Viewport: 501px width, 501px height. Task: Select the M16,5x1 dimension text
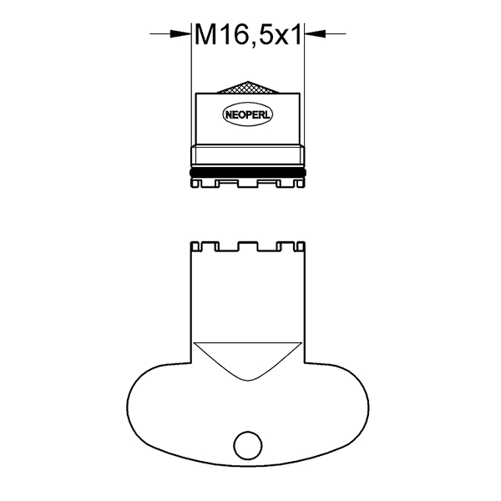[x=248, y=35]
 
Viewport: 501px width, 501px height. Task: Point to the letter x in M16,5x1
[x=281, y=38]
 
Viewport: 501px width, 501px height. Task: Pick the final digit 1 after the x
[x=296, y=35]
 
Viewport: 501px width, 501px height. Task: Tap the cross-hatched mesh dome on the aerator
[x=249, y=88]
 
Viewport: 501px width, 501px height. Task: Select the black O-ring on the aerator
[x=249, y=173]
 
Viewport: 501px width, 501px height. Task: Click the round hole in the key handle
[x=246, y=445]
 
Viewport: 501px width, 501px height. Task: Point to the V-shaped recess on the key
[x=248, y=357]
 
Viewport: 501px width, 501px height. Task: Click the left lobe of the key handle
[x=159, y=409]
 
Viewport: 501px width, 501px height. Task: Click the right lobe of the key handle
[x=338, y=409]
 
